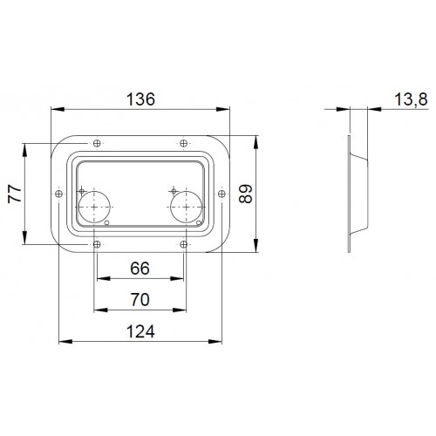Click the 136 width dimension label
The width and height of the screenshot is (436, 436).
(140, 99)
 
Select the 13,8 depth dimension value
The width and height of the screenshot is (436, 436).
(411, 99)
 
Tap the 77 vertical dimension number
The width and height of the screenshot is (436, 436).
(15, 194)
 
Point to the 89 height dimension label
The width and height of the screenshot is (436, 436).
(246, 194)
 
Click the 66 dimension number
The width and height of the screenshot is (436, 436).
(140, 268)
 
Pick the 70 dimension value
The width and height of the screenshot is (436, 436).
(140, 300)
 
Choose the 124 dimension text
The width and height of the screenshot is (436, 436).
(140, 331)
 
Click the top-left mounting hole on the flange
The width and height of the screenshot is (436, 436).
(97, 143)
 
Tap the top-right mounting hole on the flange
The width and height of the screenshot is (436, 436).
(183, 143)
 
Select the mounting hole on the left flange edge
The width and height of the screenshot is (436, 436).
(59, 194)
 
